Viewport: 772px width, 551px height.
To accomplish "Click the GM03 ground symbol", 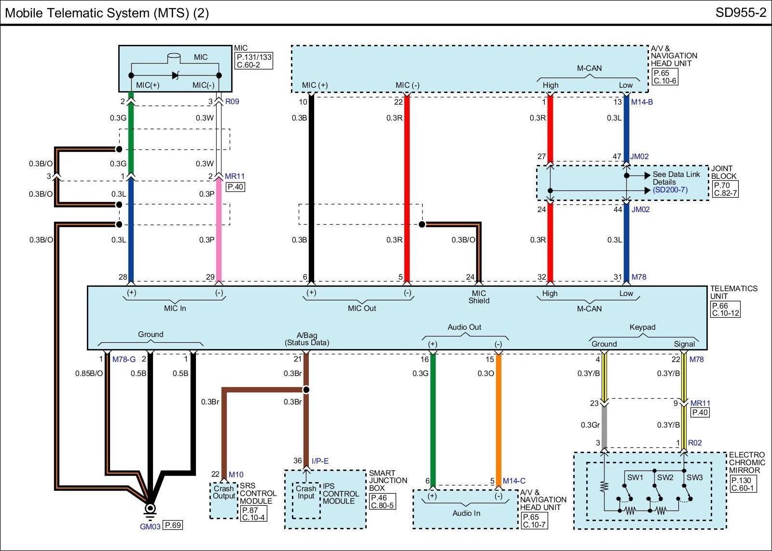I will pyautogui.click(x=150, y=509).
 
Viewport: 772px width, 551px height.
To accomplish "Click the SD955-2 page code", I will pyautogui.click(x=741, y=13).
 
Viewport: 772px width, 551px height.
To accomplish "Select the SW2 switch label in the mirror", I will pyautogui.click(x=665, y=478).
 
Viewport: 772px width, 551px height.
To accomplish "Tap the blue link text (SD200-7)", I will pyautogui.click(x=670, y=190).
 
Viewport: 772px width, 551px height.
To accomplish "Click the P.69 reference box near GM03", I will pyautogui.click(x=173, y=525).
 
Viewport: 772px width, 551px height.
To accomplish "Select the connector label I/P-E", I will pyautogui.click(x=320, y=461).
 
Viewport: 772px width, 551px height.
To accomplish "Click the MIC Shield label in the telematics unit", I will pyautogui.click(x=479, y=297).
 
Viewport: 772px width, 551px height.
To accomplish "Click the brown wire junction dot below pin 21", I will pyautogui.click(x=306, y=390).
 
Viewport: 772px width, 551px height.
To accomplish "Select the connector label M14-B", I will pyautogui.click(x=642, y=102).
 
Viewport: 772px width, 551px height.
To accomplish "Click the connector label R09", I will pyautogui.click(x=232, y=102).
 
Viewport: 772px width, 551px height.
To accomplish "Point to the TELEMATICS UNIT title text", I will pyautogui.click(x=733, y=293).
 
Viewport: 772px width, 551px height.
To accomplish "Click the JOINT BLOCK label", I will pyautogui.click(x=724, y=173).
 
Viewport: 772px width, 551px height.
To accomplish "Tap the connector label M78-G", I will pyautogui.click(x=124, y=360).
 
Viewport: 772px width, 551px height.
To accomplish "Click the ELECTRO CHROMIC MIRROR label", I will pyautogui.click(x=747, y=462).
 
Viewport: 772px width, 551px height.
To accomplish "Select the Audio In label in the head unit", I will pyautogui.click(x=466, y=513).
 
